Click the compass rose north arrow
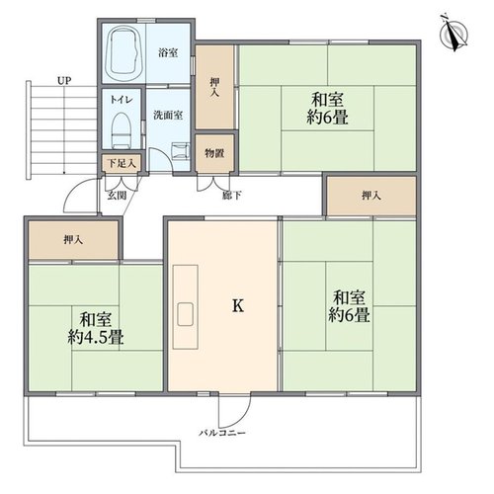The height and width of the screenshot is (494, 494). click(454, 33)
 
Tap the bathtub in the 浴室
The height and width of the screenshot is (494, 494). click(123, 51)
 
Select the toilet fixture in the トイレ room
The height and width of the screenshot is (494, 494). click(122, 130)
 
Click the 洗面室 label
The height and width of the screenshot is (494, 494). click(168, 116)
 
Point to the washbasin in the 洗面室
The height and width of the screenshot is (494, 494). click(181, 151)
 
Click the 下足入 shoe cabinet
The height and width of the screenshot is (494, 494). click(122, 163)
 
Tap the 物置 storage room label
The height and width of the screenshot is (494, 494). click(214, 153)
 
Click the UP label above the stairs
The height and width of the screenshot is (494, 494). click(64, 81)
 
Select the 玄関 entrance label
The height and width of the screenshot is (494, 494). click(117, 196)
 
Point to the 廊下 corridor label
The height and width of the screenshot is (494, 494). click(232, 196)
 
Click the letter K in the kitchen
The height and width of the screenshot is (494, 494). click(238, 305)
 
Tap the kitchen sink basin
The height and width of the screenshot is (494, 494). click(185, 314)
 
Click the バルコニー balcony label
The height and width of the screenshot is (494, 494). click(222, 433)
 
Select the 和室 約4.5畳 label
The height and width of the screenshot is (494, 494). click(96, 328)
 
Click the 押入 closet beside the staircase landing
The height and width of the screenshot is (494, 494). click(73, 240)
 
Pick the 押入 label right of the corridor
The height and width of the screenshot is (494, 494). click(371, 196)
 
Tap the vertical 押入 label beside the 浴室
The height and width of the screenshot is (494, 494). click(214, 87)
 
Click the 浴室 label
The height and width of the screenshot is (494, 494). click(168, 52)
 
